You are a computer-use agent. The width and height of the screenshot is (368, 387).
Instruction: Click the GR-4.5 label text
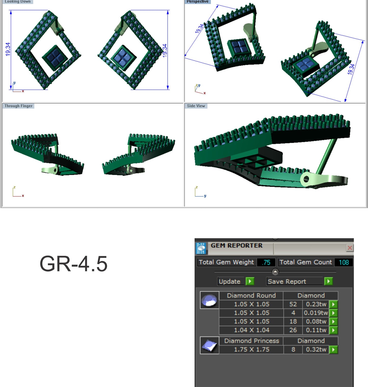(x=73, y=264)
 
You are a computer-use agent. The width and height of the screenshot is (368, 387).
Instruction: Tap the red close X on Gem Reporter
(x=350, y=248)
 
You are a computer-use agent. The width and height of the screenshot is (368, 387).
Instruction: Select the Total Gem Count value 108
(x=344, y=262)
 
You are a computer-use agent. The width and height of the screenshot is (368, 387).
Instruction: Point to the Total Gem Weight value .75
(x=266, y=262)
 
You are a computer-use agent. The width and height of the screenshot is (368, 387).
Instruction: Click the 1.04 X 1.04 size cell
(x=251, y=330)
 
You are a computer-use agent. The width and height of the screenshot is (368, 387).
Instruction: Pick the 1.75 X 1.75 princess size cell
(x=251, y=349)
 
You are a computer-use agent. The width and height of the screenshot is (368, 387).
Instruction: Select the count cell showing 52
(x=293, y=304)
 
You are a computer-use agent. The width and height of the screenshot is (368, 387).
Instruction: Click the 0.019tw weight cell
(x=316, y=313)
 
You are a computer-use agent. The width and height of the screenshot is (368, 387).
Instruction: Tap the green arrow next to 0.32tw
(x=333, y=350)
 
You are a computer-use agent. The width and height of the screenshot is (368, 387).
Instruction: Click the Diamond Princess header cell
(x=251, y=341)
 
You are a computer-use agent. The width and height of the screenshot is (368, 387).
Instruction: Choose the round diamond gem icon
(x=209, y=300)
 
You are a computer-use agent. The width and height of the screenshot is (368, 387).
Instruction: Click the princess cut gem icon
(x=209, y=345)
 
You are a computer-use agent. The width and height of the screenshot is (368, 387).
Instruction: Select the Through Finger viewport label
(x=18, y=106)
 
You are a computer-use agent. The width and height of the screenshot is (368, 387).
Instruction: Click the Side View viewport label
(x=196, y=106)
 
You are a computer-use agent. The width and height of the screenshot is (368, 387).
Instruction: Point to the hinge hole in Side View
(x=306, y=179)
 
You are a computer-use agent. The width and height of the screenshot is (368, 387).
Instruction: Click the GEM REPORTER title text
(x=236, y=246)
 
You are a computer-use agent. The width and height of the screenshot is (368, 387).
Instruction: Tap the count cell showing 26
(x=293, y=330)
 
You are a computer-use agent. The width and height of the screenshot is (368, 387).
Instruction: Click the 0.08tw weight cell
(x=316, y=322)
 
